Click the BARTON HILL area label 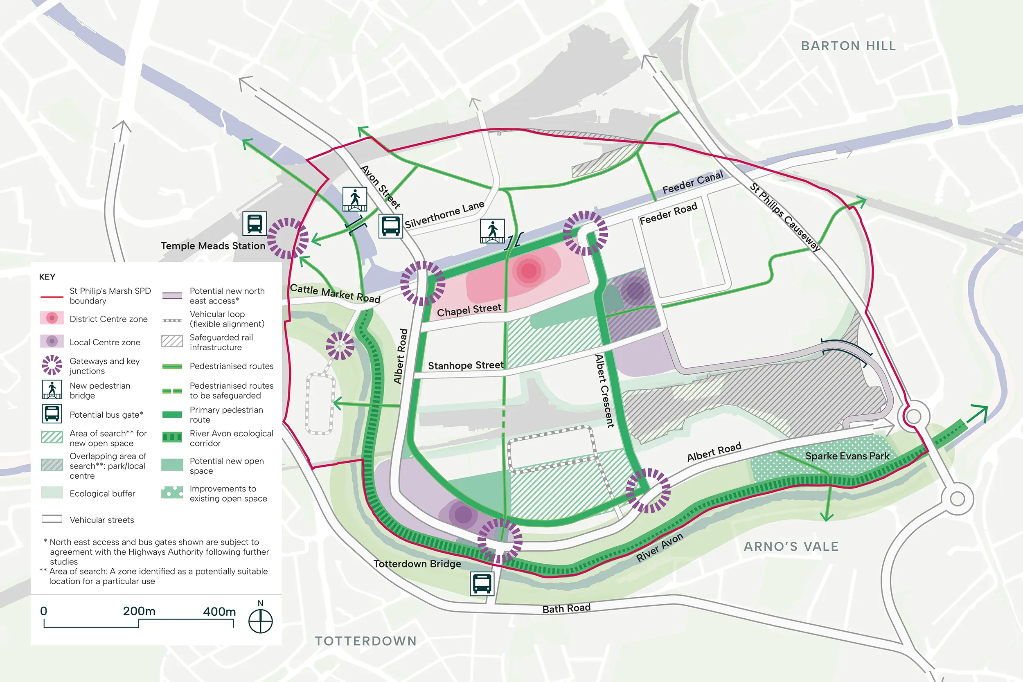[x=848, y=46]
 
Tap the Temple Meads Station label [x=213, y=246]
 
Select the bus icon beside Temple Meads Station [x=255, y=223]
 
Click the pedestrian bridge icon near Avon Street [x=354, y=199]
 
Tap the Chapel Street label [x=469, y=310]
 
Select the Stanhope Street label [x=465, y=365]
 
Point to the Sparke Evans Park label [x=847, y=456]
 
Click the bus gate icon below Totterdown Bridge [x=482, y=583]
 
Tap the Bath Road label [x=566, y=608]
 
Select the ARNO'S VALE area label [x=791, y=546]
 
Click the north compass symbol [x=261, y=621]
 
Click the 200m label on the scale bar [x=139, y=611]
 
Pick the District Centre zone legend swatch [x=52, y=318]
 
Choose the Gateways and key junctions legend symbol [x=52, y=365]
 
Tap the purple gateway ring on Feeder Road [x=585, y=233]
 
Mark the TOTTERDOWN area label [x=365, y=641]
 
